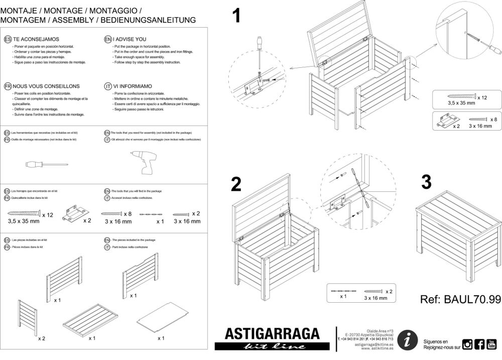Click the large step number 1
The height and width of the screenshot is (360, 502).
236,16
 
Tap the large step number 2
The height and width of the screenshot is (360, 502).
236,185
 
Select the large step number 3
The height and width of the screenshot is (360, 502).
426,182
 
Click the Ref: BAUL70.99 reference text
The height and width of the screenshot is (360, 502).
460,300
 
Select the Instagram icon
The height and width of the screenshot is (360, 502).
467,344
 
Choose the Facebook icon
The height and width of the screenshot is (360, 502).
479,344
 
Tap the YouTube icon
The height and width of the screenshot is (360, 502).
491,344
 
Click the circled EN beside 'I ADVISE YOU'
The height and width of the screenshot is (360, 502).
107,39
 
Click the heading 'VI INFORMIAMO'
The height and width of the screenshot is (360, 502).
133,86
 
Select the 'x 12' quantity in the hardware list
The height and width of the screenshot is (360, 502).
47,214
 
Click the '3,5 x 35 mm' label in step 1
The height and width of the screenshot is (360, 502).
461,102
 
